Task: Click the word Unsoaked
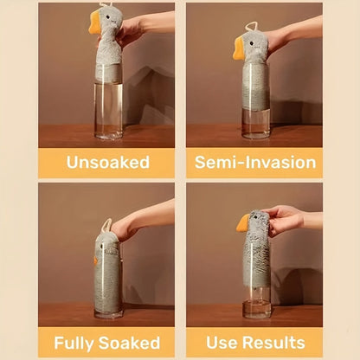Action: (x=108, y=162)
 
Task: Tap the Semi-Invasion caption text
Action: (x=255, y=162)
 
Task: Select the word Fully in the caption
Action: (x=74, y=344)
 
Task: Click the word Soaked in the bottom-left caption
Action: (x=129, y=343)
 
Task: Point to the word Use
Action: (x=222, y=343)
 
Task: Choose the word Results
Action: (x=273, y=343)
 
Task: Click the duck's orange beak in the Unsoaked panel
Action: (x=94, y=22)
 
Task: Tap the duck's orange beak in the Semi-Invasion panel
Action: (x=239, y=48)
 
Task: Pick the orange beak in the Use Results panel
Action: (x=243, y=222)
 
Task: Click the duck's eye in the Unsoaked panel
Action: (x=108, y=17)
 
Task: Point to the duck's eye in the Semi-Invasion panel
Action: (x=252, y=44)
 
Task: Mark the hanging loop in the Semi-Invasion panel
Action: (x=251, y=27)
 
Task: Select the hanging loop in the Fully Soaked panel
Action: (x=106, y=226)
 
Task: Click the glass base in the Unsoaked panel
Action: (x=108, y=133)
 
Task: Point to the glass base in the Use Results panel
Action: (x=257, y=309)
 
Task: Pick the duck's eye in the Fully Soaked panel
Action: (x=101, y=247)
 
